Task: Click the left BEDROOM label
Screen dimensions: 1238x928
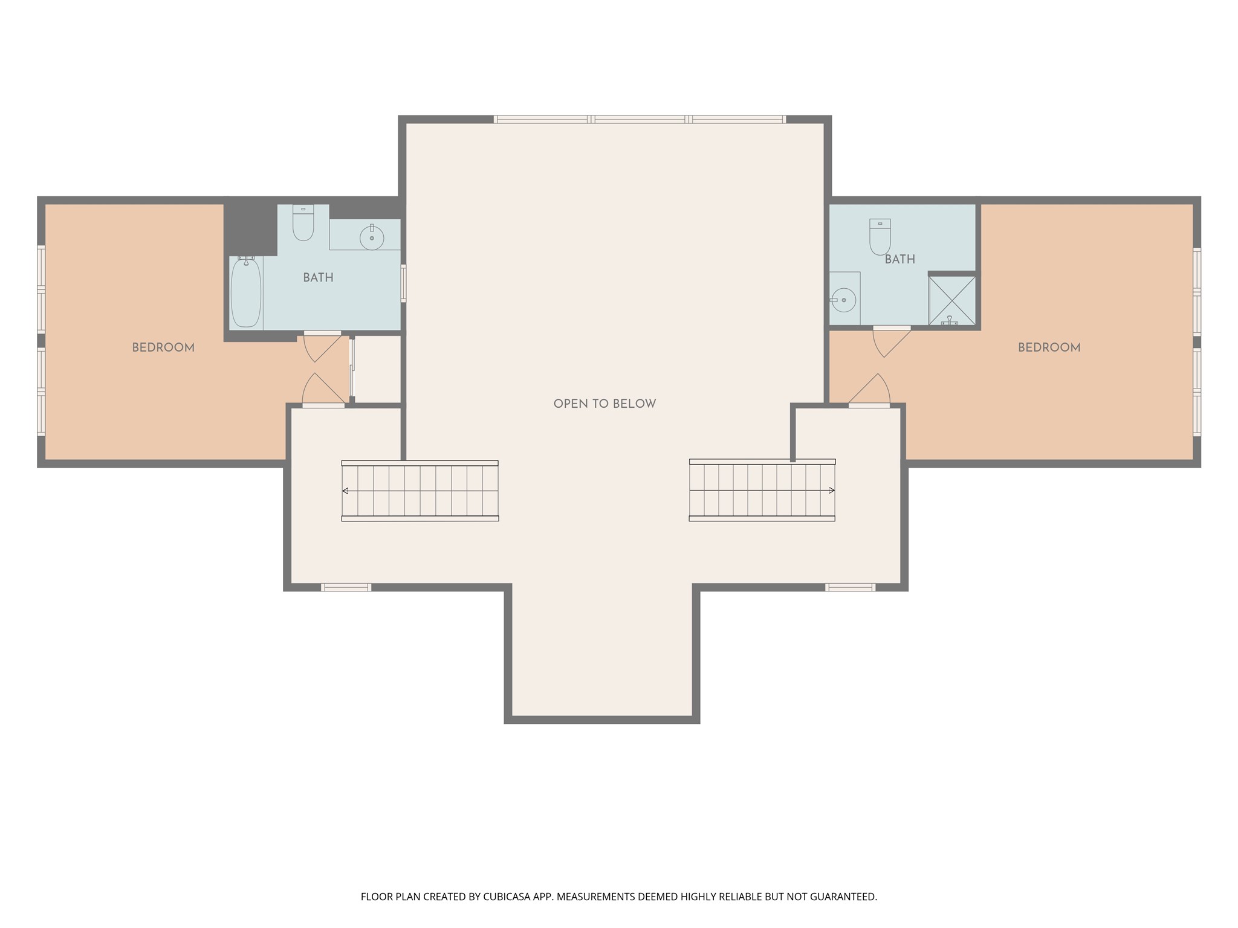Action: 163,347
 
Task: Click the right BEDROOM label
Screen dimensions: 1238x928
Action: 1049,347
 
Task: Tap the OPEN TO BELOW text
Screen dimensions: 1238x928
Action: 604,404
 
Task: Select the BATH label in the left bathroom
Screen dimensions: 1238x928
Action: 318,277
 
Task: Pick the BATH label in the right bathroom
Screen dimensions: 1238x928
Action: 899,259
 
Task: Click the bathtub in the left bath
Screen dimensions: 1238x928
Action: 246,293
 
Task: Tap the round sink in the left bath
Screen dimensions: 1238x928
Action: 371,237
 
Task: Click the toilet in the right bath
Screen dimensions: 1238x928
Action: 880,237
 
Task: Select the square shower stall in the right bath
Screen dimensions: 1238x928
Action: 952,300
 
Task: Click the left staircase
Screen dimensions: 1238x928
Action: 420,491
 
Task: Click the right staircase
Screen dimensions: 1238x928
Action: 762,490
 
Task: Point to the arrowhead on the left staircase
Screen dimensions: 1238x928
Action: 345,491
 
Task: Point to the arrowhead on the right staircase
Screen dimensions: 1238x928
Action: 832,490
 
